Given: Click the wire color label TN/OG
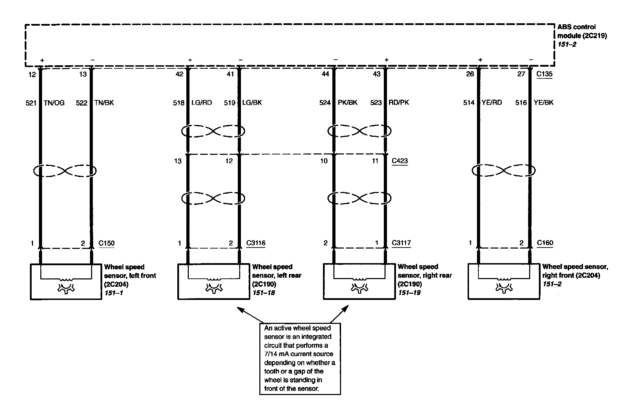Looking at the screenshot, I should pyautogui.click(x=54, y=103).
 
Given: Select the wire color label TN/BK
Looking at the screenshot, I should pyautogui.click(x=104, y=103).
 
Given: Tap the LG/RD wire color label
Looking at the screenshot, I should pyautogui.click(x=202, y=103).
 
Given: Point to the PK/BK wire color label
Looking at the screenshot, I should pyautogui.click(x=348, y=103).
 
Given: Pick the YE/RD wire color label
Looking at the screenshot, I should pyautogui.click(x=492, y=103).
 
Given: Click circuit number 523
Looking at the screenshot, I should pyautogui.click(x=376, y=103).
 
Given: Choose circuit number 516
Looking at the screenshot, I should pyautogui.click(x=521, y=103).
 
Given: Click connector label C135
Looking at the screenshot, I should pyautogui.click(x=544, y=74).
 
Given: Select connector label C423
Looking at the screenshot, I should pyautogui.click(x=400, y=161).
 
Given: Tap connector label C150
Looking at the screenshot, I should pyautogui.click(x=106, y=243).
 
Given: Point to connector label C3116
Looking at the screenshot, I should pyautogui.click(x=256, y=243).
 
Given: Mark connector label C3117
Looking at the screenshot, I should pyautogui.click(x=401, y=243).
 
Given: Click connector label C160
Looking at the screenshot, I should pyautogui.click(x=545, y=243).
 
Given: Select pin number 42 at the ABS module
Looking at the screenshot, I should pyautogui.click(x=179, y=74).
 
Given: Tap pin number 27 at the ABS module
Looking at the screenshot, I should pyautogui.click(x=521, y=74).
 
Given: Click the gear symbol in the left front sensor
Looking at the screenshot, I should pyautogui.click(x=66, y=288).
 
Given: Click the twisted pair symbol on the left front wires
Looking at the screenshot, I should pyautogui.click(x=65, y=171).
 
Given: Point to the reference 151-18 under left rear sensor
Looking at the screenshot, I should pyautogui.click(x=264, y=293).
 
